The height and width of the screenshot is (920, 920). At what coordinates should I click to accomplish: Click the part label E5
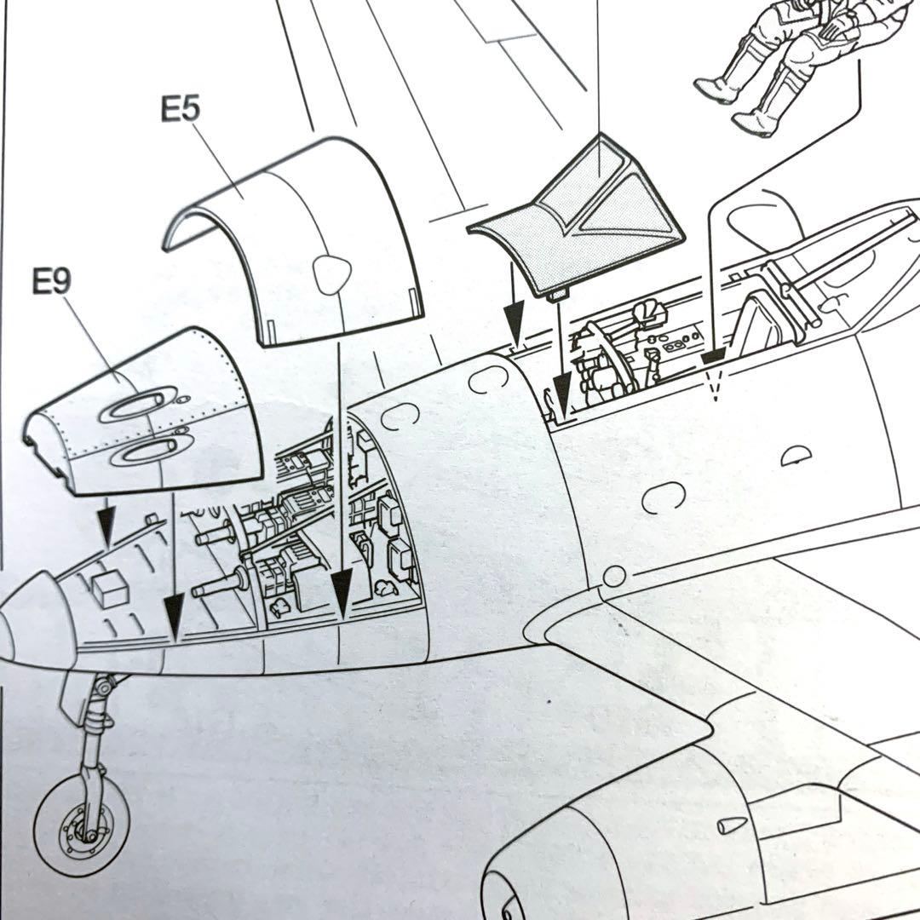point(180,110)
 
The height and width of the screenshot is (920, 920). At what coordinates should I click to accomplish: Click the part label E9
point(51,282)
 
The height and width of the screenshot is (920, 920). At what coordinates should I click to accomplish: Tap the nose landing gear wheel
point(81,826)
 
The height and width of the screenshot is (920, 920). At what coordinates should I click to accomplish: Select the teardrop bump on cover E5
point(331,273)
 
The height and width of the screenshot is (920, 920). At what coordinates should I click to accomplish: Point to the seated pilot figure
point(784,60)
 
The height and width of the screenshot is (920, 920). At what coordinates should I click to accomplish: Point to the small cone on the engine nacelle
point(731,825)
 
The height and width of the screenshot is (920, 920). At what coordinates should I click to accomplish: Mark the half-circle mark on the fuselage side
point(796,456)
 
